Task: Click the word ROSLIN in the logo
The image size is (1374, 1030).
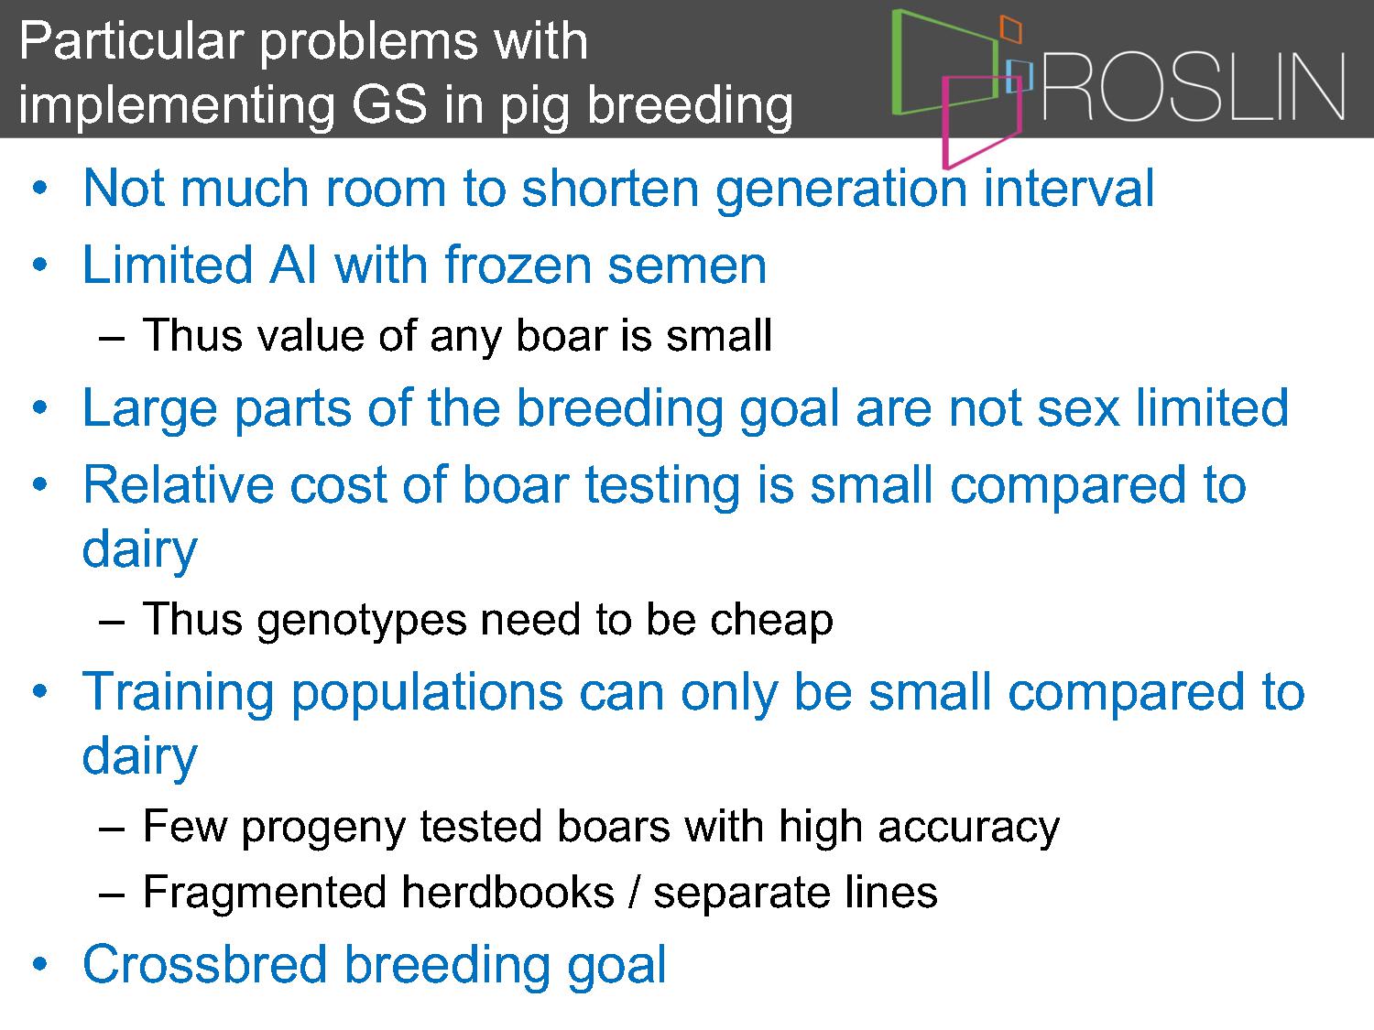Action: (1194, 86)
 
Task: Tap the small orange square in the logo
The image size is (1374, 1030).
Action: (1011, 28)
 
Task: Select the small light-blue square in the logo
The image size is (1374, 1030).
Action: (1019, 76)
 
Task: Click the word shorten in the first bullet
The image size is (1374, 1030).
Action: (610, 188)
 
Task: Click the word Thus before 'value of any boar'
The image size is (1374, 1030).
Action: (192, 335)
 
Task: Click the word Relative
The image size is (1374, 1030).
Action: (179, 484)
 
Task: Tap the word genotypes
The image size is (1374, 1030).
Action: (361, 621)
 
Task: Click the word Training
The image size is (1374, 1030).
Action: (178, 691)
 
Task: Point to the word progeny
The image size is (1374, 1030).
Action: (323, 828)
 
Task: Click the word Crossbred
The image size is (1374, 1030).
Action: (204, 964)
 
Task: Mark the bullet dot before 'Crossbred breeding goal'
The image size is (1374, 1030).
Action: (39, 964)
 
